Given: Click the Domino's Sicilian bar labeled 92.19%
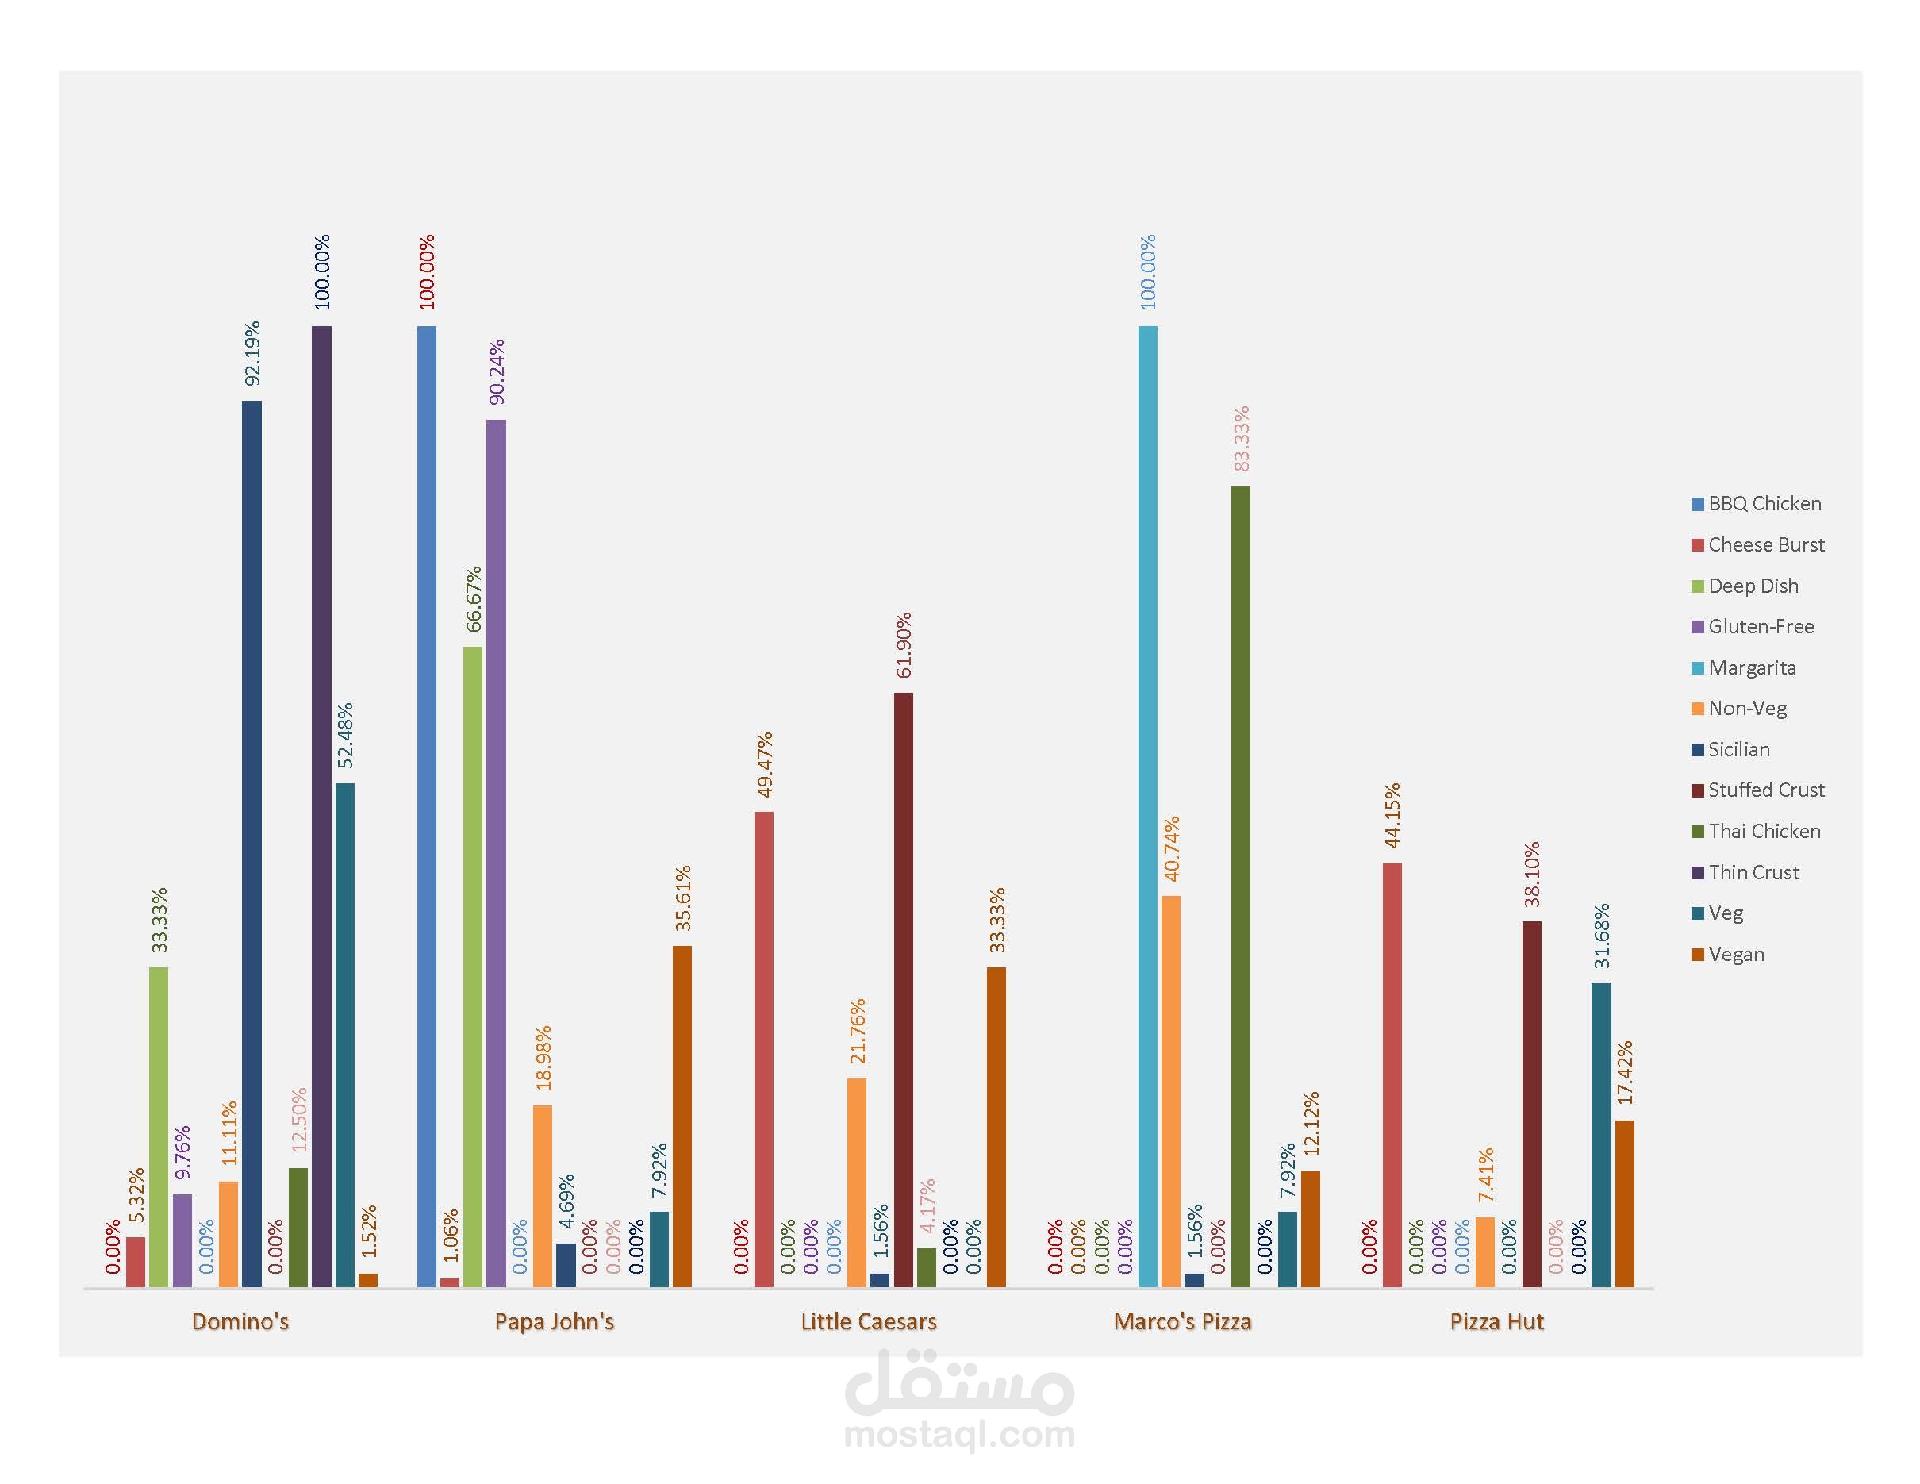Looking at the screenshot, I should click(252, 844).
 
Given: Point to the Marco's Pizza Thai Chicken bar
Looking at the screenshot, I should click(1240, 887).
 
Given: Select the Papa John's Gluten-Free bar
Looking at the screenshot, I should click(496, 854).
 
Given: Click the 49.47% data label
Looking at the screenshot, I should click(764, 764).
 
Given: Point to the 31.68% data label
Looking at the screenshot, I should click(1602, 936).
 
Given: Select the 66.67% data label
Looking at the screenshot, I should click(473, 598).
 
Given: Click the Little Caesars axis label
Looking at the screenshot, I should click(869, 1321).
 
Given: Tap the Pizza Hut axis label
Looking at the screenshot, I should click(1496, 1321).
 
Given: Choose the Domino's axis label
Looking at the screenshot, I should click(240, 1321).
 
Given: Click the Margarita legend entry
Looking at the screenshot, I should click(1751, 667).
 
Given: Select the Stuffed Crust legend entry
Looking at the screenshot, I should click(1765, 790).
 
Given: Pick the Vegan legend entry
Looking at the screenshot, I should click(1735, 954).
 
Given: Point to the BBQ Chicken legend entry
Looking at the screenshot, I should click(1764, 504).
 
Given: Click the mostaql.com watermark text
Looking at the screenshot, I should click(959, 1435).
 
